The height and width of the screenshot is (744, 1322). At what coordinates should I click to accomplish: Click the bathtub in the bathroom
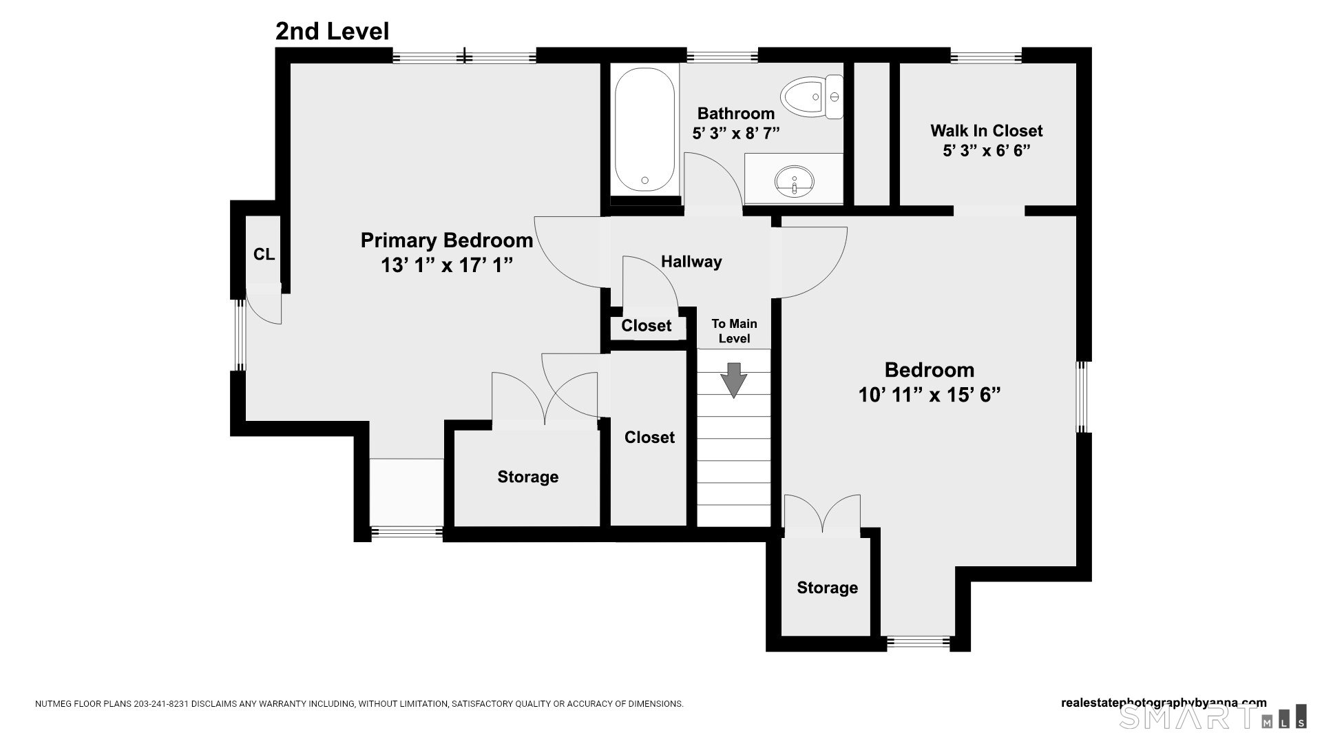[644, 130]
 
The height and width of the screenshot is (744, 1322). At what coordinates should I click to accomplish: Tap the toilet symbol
[812, 97]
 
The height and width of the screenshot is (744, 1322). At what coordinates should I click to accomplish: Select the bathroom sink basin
[794, 181]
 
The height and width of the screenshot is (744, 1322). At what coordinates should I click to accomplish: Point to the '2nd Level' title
[333, 31]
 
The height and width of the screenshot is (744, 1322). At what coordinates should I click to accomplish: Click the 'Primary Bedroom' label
[447, 240]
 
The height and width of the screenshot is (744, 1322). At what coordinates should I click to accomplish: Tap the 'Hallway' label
[691, 262]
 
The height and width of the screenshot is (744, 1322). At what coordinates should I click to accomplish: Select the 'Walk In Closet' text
[986, 131]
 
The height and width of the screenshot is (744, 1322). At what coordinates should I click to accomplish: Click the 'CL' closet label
[264, 255]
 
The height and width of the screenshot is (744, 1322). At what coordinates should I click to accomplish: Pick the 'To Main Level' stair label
[734, 331]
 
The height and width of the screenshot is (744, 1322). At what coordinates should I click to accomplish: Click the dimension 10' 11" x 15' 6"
[929, 395]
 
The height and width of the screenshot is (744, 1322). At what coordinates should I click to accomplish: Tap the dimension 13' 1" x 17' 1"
[447, 265]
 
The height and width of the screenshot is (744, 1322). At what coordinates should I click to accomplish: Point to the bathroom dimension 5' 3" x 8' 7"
[735, 133]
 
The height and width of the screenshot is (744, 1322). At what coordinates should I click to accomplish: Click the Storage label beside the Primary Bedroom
[527, 477]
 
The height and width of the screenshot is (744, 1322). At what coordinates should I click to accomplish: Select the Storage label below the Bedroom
[827, 588]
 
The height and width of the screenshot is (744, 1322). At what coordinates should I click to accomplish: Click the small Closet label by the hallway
[646, 326]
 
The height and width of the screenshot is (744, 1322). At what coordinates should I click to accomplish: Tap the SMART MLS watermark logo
[1213, 717]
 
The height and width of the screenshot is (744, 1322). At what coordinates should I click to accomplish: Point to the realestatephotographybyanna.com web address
[1164, 703]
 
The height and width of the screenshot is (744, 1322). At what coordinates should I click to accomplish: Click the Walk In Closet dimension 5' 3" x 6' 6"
[986, 150]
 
